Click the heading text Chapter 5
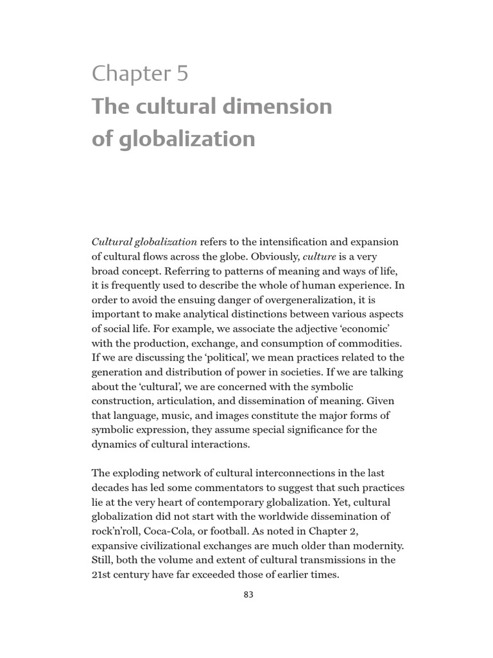coord(140,74)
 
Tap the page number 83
coord(248,594)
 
